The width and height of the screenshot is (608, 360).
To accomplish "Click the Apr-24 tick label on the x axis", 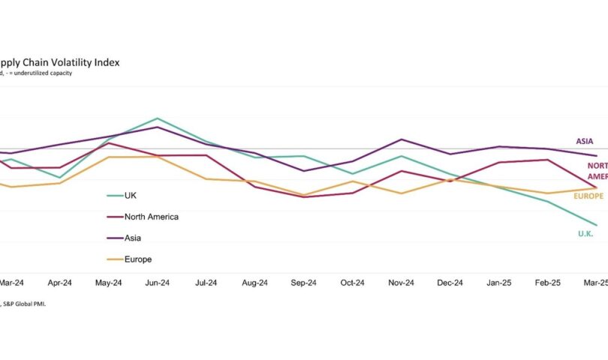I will click(59, 283).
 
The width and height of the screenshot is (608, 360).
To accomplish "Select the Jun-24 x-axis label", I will click(157, 283).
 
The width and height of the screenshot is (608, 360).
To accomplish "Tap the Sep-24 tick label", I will click(303, 283).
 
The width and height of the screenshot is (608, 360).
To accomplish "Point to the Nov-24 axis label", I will click(401, 283).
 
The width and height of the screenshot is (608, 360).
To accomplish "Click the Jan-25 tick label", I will click(498, 283).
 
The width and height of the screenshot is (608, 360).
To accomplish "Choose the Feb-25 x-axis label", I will click(547, 283).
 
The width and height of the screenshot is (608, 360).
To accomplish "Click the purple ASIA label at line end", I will click(585, 141).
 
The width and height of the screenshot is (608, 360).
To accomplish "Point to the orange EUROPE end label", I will click(588, 196).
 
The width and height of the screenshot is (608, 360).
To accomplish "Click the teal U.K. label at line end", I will click(585, 234).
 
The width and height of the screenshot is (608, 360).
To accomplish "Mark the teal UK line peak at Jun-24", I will click(157, 118).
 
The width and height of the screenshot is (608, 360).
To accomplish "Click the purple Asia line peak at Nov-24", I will click(402, 139).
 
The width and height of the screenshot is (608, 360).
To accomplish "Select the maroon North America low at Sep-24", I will click(303, 196).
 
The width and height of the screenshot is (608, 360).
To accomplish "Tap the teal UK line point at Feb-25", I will click(547, 201).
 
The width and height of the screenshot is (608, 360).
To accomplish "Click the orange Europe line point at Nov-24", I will click(402, 193).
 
